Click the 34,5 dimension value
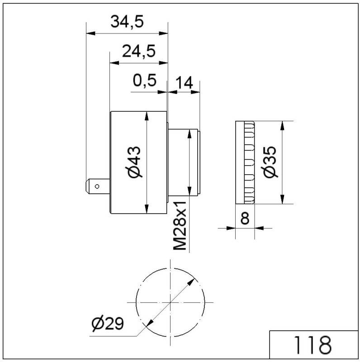(x=127, y=22)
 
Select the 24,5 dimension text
(x=139, y=51)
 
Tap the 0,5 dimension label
(x=145, y=81)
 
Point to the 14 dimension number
(x=184, y=83)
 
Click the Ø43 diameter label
(x=134, y=162)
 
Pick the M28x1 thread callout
(x=180, y=225)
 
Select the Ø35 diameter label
(x=270, y=162)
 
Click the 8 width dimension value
(x=245, y=218)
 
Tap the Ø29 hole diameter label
(x=108, y=324)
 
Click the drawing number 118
(x=313, y=345)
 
